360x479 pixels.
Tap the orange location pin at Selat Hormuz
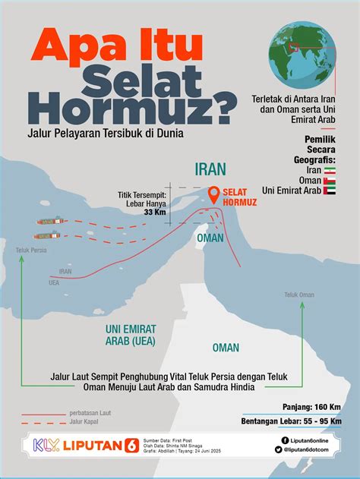click(215, 195)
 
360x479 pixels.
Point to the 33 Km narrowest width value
click(155, 212)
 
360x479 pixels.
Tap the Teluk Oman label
click(299, 295)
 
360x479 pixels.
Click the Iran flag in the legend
click(330, 171)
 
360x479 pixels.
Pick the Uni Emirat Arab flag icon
click(330, 191)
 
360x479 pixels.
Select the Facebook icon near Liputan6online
click(284, 440)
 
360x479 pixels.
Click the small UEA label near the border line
click(54, 282)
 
